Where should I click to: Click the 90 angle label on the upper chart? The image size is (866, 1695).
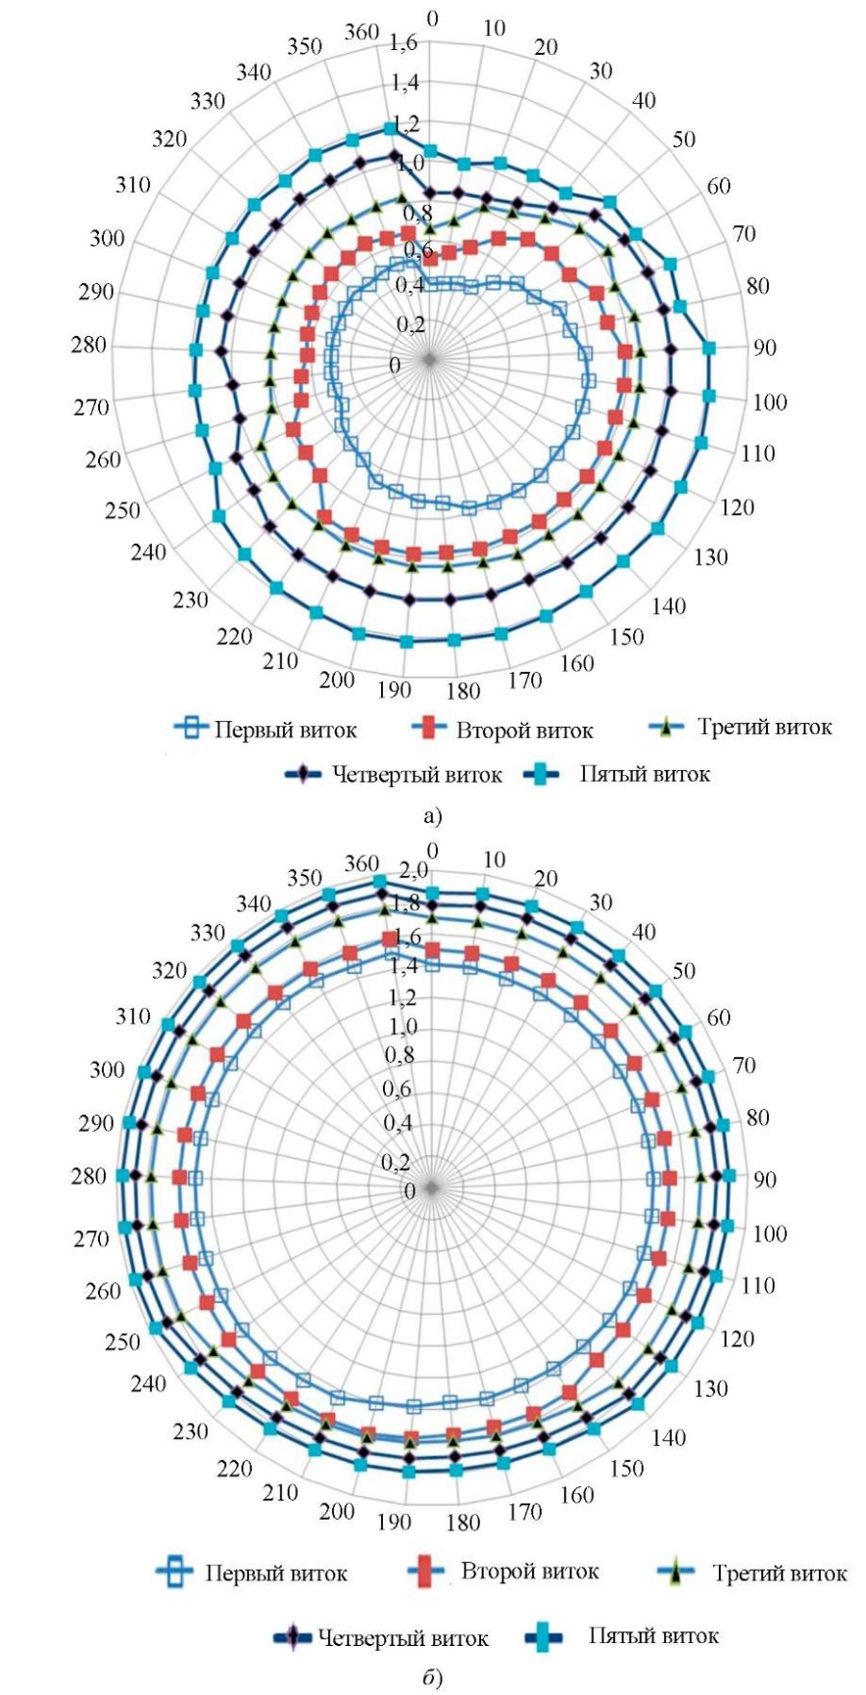(x=765, y=347)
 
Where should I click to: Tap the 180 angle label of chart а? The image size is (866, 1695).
(x=463, y=691)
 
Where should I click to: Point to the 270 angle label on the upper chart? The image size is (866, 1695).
(x=91, y=407)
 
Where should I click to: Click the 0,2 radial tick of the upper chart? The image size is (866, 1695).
(x=411, y=325)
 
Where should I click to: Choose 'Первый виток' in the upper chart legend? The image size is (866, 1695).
(x=286, y=730)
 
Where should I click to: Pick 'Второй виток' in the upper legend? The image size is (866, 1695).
(x=524, y=731)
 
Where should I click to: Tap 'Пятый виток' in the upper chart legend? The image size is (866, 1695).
(x=645, y=774)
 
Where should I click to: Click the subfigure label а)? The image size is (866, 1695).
(x=433, y=817)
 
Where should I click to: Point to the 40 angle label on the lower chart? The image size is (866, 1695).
(x=644, y=932)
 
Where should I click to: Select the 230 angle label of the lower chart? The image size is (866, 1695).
(x=191, y=1431)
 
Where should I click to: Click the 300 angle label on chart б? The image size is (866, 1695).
(x=108, y=1069)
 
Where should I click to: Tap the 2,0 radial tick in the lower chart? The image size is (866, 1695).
(x=415, y=872)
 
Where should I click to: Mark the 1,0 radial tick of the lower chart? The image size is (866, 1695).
(x=401, y=1026)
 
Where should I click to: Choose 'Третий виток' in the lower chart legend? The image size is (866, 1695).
(x=780, y=1574)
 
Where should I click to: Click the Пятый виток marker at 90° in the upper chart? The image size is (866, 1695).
(x=709, y=348)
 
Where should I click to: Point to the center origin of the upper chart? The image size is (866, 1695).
(x=429, y=359)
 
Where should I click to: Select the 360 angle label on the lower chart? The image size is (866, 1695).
(x=362, y=863)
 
